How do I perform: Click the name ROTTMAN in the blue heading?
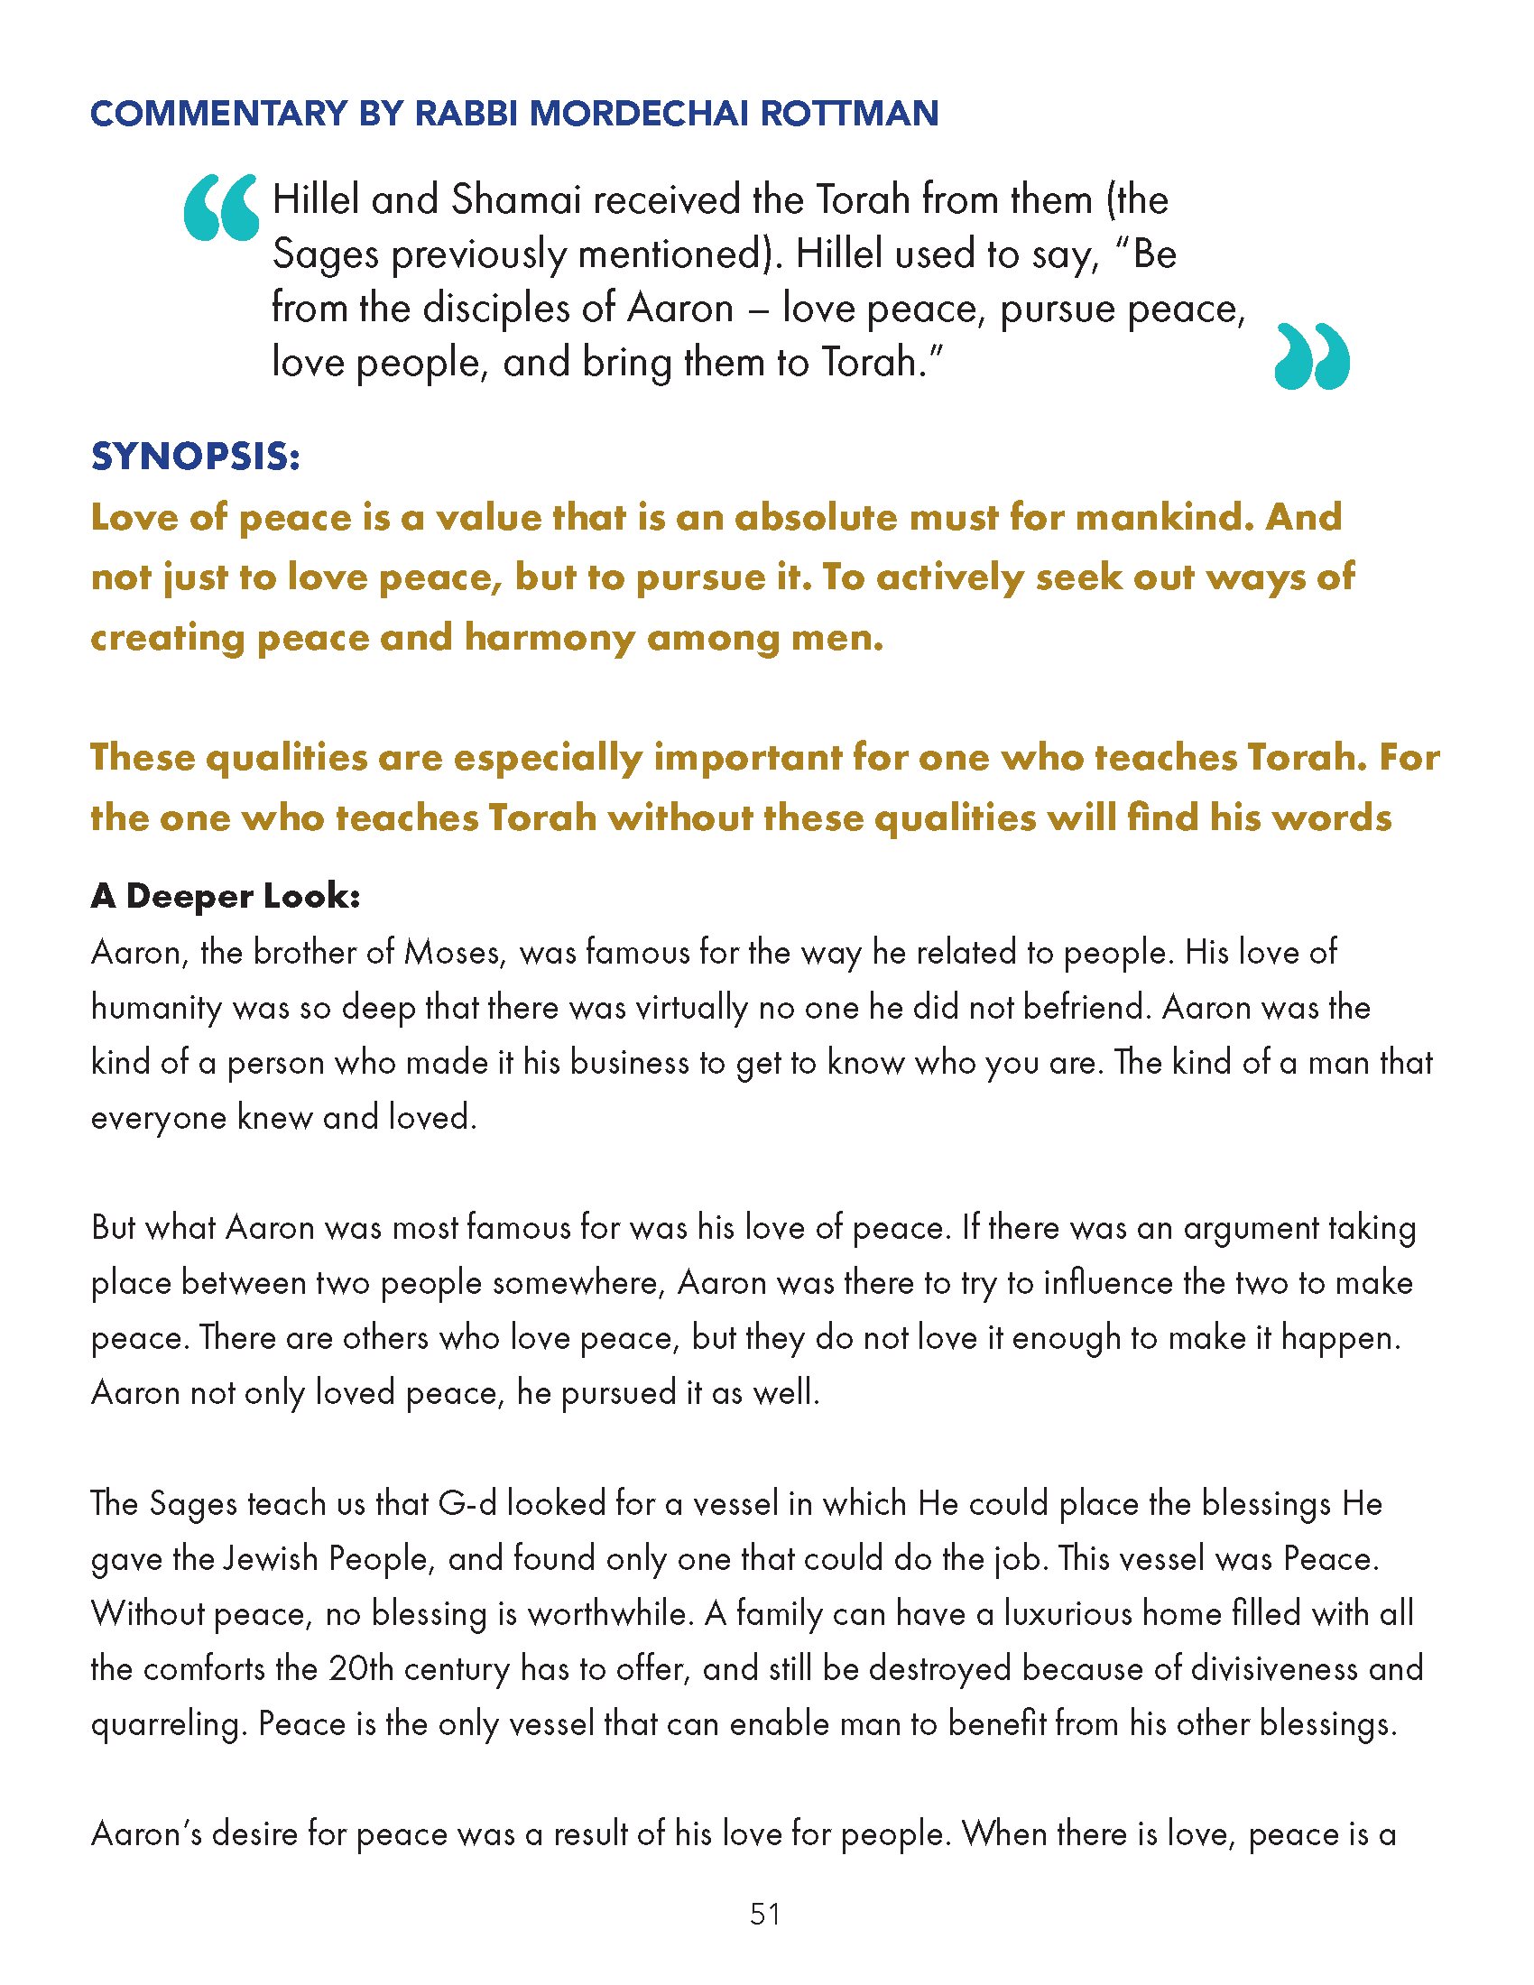click(x=849, y=114)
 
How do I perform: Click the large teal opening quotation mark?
click(x=221, y=208)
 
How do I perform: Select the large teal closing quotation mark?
click(x=1312, y=356)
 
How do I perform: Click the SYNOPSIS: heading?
click(x=196, y=457)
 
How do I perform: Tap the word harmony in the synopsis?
click(x=549, y=638)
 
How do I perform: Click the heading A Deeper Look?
click(x=226, y=896)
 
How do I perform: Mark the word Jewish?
click(x=271, y=1559)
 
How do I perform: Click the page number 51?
click(x=765, y=1914)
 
